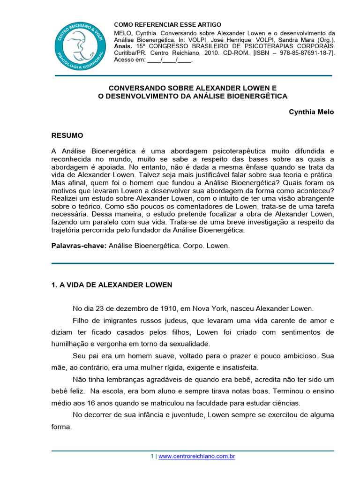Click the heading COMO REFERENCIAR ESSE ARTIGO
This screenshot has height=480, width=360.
168,24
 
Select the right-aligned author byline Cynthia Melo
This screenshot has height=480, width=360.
311,112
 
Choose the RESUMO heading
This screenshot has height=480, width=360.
67,135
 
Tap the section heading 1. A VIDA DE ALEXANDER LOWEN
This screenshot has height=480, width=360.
112,285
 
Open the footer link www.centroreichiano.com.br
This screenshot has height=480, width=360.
196,456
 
